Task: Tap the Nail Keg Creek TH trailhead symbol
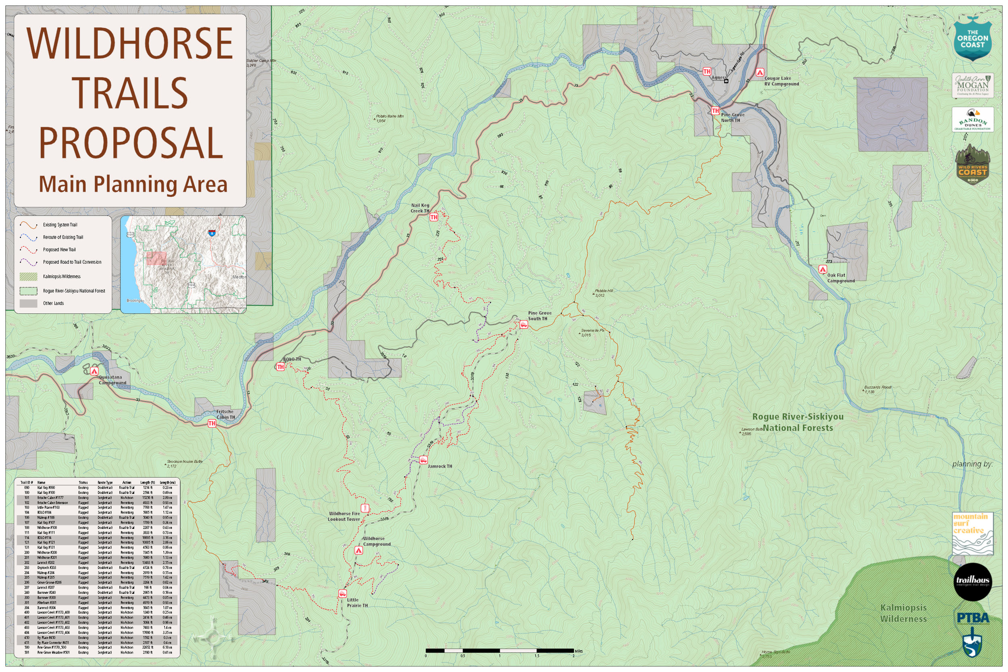(434, 217)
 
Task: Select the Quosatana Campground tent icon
(94, 371)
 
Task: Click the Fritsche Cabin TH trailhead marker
(212, 423)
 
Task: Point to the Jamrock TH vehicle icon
(423, 460)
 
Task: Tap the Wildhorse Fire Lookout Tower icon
(365, 508)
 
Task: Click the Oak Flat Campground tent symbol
(823, 269)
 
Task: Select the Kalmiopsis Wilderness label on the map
(903, 613)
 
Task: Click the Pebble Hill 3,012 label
(604, 293)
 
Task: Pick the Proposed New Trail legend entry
(59, 250)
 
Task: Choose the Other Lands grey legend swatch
(28, 304)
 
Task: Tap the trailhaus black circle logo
(973, 582)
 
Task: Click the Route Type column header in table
(105, 483)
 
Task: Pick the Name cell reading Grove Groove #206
(49, 583)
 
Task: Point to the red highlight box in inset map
(156, 259)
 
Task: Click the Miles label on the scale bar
(579, 651)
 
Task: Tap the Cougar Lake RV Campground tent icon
(760, 72)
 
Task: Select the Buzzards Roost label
(878, 387)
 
